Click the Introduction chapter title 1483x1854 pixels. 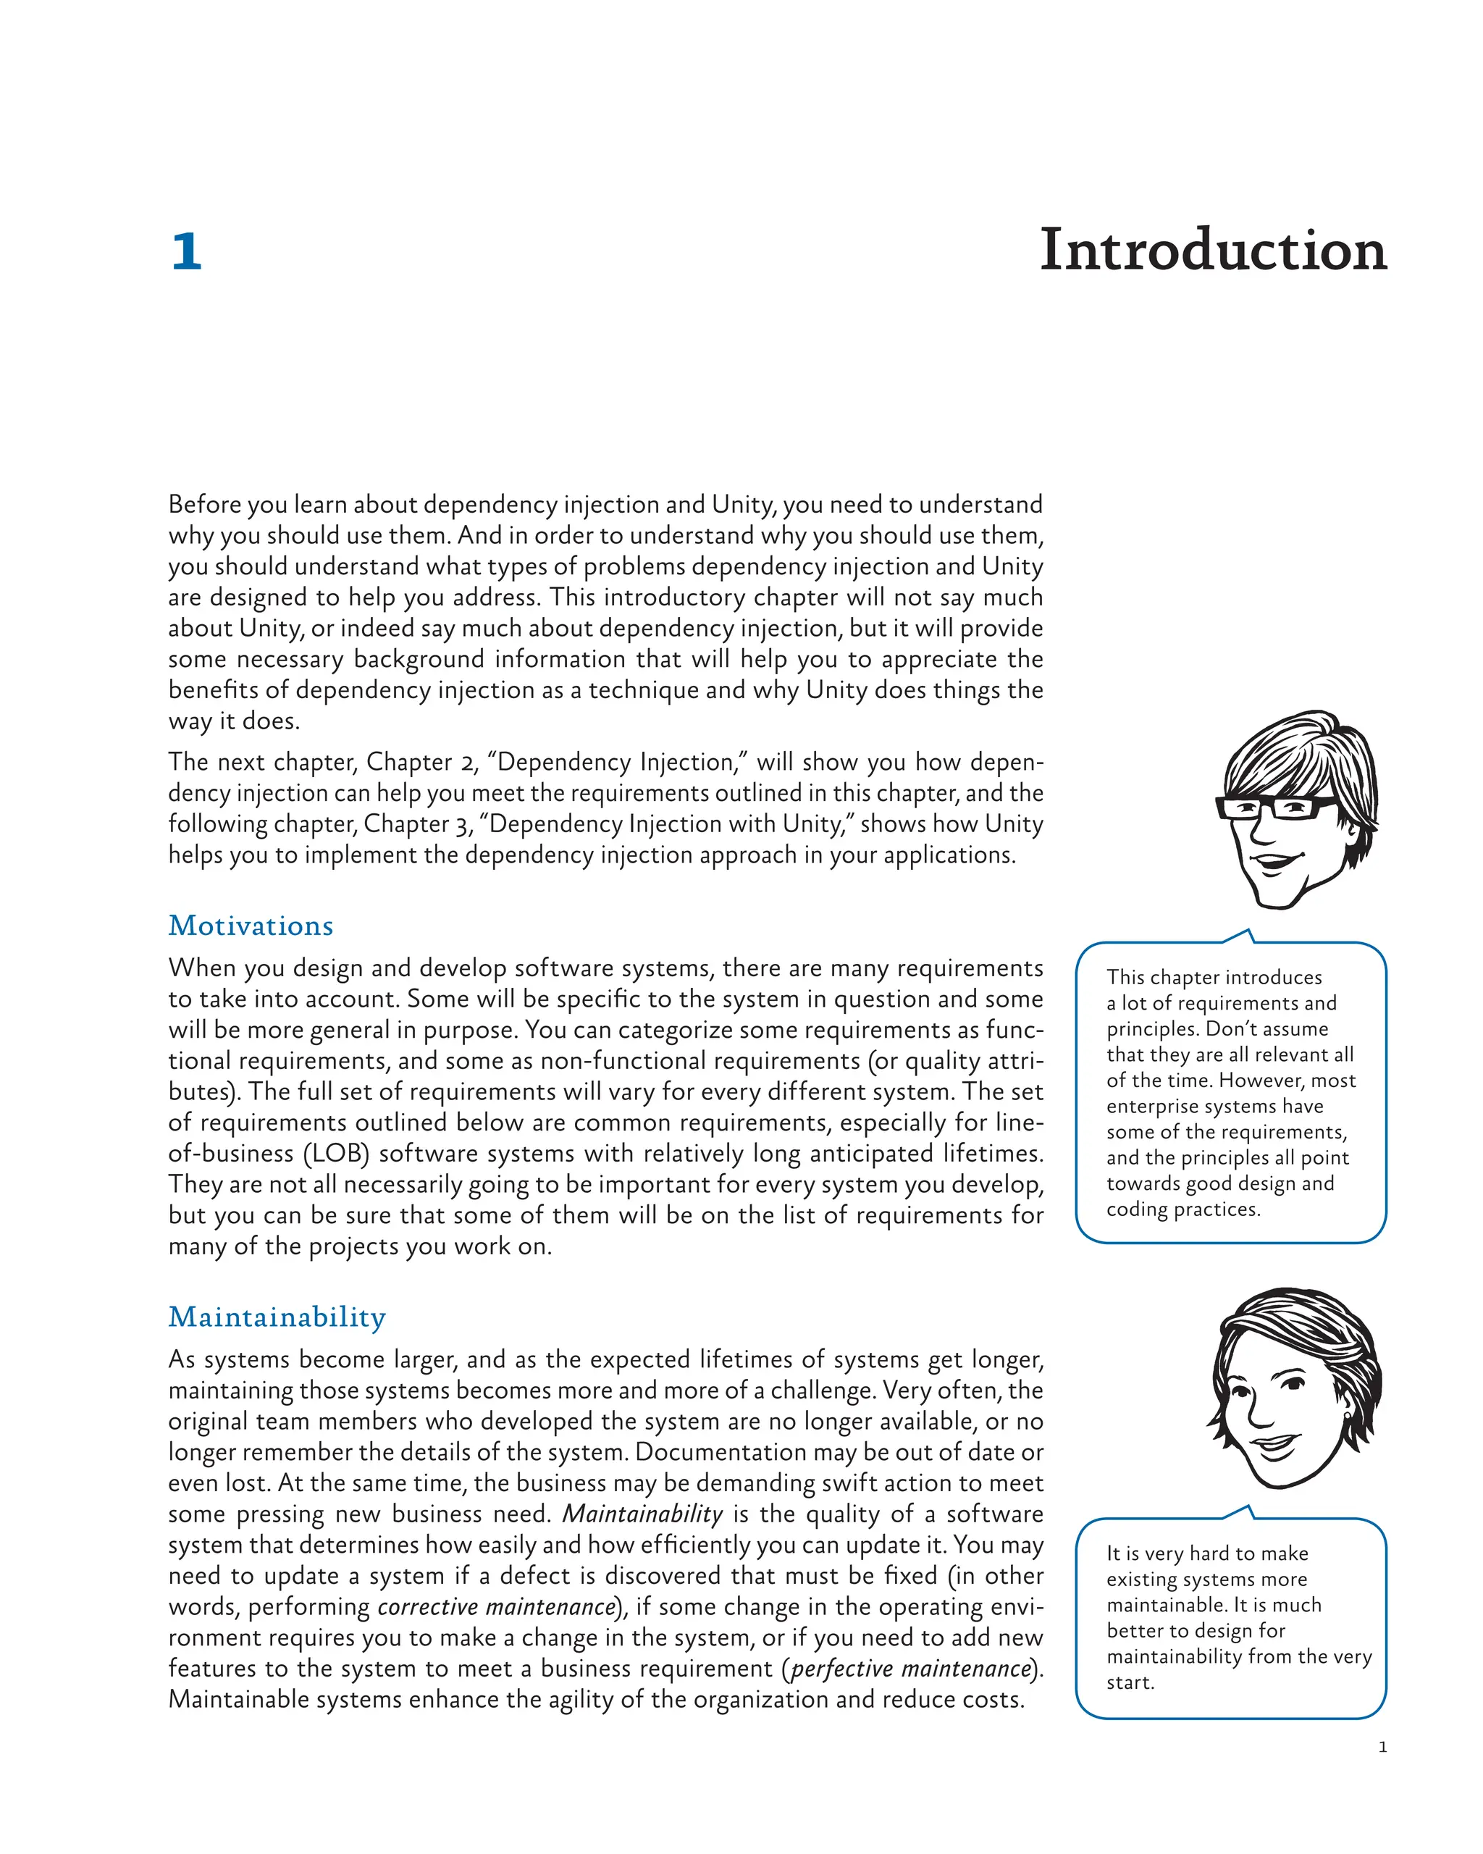click(1212, 251)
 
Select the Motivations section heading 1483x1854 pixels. click(250, 926)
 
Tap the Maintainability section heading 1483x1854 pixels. click(277, 1317)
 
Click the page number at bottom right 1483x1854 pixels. click(1382, 1747)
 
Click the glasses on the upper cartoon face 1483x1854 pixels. click(1275, 807)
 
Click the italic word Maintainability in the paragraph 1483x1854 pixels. click(642, 1514)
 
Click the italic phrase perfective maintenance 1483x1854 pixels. click(909, 1669)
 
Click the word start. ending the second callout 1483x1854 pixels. click(1130, 1682)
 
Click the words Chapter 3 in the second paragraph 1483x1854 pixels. click(418, 824)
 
